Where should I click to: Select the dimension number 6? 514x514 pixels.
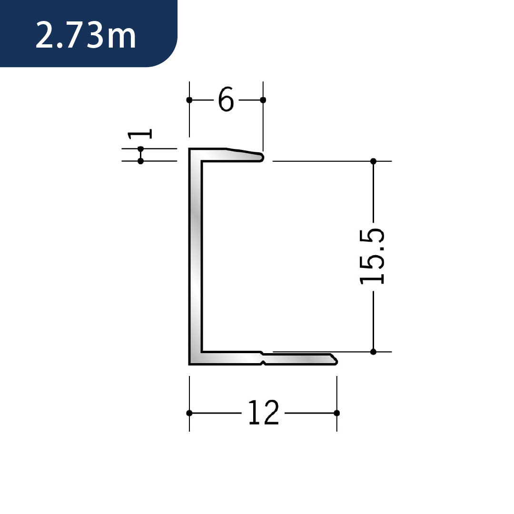tap(226, 99)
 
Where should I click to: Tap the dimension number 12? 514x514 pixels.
tap(264, 412)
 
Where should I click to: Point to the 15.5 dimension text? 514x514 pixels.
tap(372, 257)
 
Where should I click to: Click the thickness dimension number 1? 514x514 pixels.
tap(139, 134)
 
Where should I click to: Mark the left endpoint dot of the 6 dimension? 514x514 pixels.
tap(189, 100)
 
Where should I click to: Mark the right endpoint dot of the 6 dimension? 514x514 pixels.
tap(263, 100)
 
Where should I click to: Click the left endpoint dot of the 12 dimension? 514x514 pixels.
tap(189, 413)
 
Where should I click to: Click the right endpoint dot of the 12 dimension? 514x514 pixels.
tap(336, 413)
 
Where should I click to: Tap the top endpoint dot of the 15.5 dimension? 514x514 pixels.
tap(373, 161)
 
